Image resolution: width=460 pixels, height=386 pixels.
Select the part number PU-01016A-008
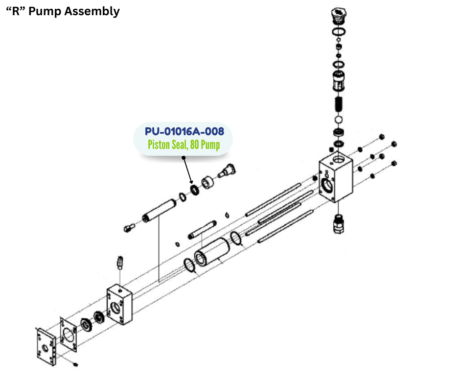coord(184,131)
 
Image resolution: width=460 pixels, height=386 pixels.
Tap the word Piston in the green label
coord(161,145)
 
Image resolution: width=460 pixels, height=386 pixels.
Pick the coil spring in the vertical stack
coord(338,104)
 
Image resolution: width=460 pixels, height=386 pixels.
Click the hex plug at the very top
coord(338,15)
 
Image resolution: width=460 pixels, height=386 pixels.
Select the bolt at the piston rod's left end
coord(129,227)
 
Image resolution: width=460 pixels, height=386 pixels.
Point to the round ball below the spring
coord(338,120)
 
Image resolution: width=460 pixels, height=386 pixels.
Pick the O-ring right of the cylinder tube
coord(236,238)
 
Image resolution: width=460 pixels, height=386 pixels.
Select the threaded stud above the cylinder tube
coord(202,228)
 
